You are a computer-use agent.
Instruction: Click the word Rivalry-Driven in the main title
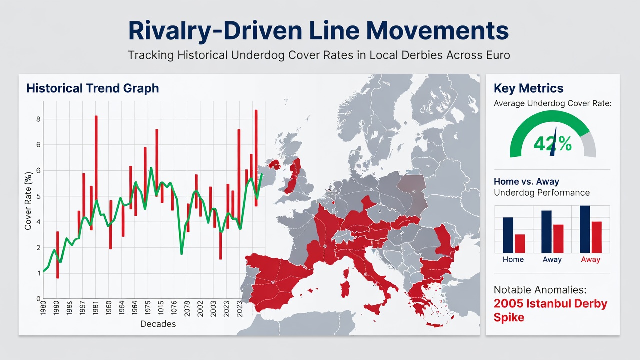[214, 31]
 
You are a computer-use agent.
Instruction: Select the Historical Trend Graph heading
[93, 88]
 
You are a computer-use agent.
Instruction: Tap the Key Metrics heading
[529, 88]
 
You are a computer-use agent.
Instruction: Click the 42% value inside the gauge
[552, 143]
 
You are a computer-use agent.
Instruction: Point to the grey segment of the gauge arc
[589, 144]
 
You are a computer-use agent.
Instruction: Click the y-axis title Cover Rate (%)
[28, 201]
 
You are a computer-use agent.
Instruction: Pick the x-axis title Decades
[158, 324]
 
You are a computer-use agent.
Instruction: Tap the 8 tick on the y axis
[38, 119]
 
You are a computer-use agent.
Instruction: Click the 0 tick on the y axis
[38, 299]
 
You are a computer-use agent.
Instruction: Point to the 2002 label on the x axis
[200, 309]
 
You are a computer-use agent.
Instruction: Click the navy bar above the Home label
[508, 235]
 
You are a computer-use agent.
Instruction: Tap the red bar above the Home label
[520, 243]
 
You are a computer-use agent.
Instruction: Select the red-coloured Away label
[591, 259]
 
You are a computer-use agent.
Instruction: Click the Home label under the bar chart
[513, 259]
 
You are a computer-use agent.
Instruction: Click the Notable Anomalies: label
[540, 290]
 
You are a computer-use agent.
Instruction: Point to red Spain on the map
[277, 282]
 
